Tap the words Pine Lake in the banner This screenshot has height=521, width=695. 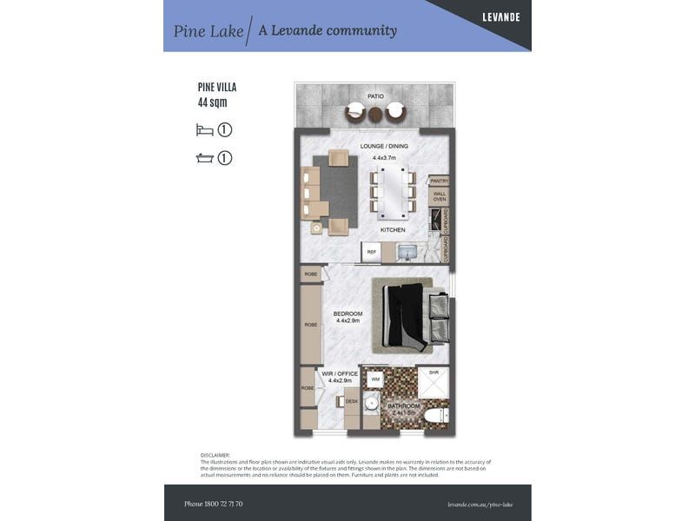(208, 31)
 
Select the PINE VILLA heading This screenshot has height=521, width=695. (217, 88)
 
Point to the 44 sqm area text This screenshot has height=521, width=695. (213, 102)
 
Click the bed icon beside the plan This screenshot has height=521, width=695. (204, 130)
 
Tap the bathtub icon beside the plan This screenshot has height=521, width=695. (204, 158)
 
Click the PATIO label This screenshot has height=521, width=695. (375, 96)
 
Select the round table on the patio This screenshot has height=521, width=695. (375, 113)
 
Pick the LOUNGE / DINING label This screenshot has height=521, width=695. (384, 146)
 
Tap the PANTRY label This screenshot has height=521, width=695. (439, 181)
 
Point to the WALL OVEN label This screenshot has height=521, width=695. (439, 196)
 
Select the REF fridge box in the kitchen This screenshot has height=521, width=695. (371, 253)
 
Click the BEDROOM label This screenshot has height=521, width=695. (347, 314)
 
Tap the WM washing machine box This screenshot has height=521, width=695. (375, 379)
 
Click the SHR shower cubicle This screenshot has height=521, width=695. (434, 382)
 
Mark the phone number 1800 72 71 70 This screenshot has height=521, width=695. (214, 504)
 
